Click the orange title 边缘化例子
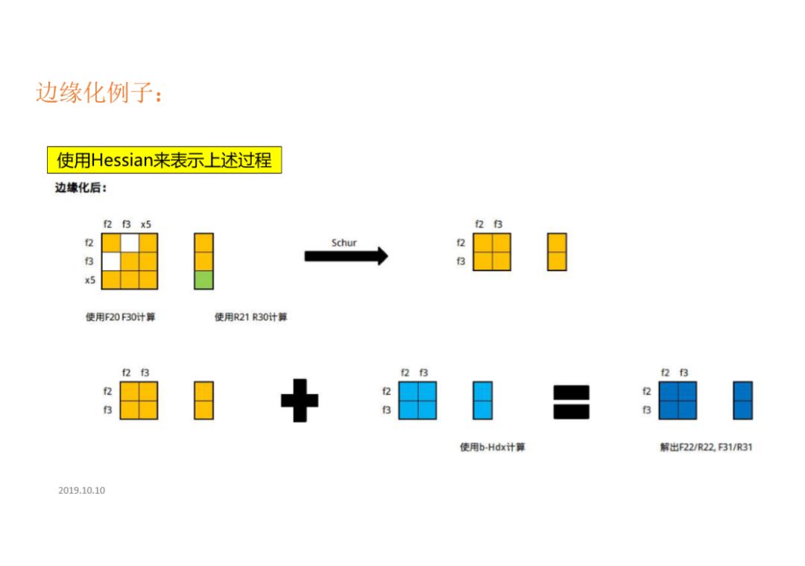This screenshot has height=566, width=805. pos(98,92)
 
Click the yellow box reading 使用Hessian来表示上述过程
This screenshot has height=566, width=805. pos(164,160)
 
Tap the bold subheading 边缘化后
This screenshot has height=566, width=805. pos(81,188)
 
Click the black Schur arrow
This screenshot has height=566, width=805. pos(346,256)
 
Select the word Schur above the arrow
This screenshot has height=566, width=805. pos(344,242)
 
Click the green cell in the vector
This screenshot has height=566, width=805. pos(203,280)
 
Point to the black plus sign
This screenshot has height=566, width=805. pos(299,400)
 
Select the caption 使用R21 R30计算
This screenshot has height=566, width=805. pos(250,317)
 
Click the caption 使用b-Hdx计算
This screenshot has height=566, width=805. pos(492,448)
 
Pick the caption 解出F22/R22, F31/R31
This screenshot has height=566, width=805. pos(705,448)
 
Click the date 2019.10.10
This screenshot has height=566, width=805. pos(81,491)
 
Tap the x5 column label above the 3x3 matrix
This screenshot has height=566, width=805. pos(146,224)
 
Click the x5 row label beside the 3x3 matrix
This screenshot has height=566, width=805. pos(89,280)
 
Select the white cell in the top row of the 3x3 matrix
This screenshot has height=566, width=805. pos(130,243)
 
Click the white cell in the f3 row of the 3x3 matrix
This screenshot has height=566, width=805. pos(111,261)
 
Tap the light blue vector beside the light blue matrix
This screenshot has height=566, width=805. pos(482,401)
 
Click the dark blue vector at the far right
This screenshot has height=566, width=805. pos(742,401)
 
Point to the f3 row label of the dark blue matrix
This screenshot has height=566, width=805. pos(646,410)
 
